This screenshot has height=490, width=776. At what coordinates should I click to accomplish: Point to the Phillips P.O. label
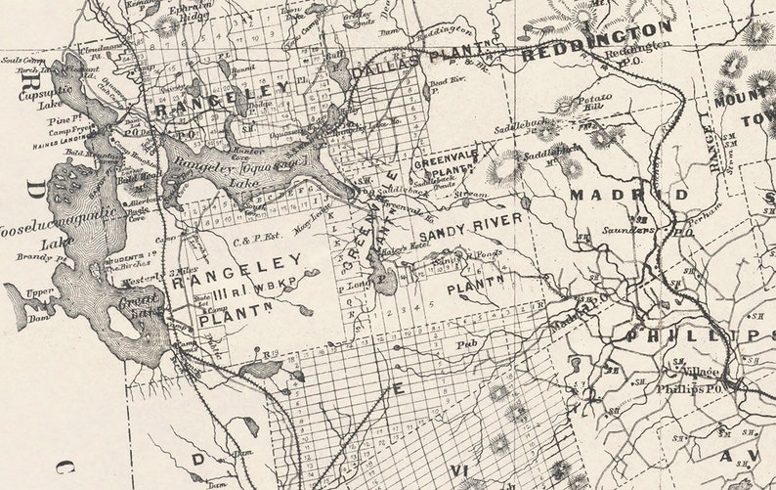(x=701, y=388)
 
